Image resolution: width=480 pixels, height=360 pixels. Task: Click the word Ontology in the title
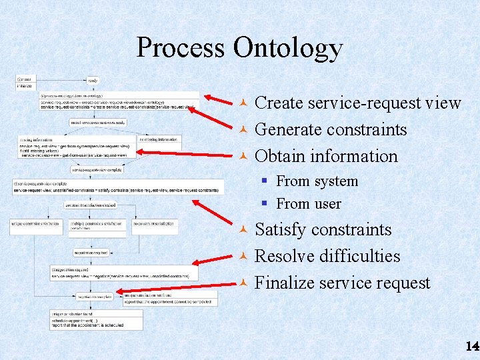(288, 48)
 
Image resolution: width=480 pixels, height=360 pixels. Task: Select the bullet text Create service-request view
(358, 103)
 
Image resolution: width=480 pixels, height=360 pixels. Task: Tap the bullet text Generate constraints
(331, 129)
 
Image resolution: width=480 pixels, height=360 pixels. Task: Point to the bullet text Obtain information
(326, 156)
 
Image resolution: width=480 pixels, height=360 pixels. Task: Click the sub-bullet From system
(317, 181)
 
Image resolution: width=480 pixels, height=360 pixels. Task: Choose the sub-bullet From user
(308, 204)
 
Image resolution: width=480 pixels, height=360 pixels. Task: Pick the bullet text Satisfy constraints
(323, 230)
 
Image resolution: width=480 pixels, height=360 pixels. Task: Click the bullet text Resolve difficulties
(327, 257)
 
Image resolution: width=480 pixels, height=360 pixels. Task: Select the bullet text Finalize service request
(343, 283)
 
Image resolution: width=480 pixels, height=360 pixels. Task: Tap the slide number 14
(472, 346)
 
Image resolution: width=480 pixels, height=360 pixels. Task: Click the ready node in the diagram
(93, 81)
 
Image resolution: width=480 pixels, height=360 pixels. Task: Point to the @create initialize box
(24, 83)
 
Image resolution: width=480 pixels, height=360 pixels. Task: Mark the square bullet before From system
(265, 181)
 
